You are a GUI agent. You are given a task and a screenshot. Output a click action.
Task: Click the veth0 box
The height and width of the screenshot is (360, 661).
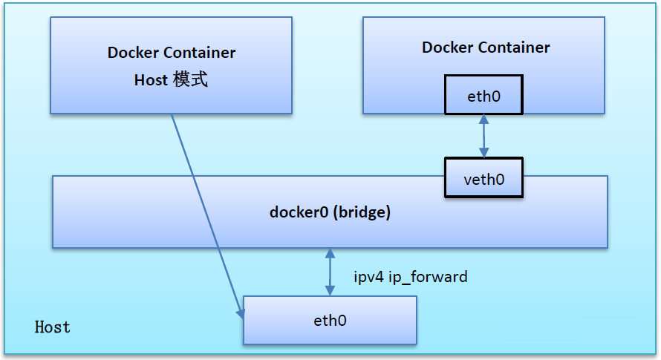pyautogui.click(x=483, y=178)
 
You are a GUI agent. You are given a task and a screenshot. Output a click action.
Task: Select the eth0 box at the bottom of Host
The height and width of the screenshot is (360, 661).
pyautogui.click(x=330, y=321)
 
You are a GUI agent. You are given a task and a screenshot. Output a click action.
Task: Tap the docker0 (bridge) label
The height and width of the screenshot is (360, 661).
pyautogui.click(x=330, y=212)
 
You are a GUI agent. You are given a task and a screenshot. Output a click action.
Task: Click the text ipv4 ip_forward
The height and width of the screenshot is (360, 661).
pyautogui.click(x=411, y=277)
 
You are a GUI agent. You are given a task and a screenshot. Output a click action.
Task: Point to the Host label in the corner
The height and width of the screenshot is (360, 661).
pyautogui.click(x=53, y=327)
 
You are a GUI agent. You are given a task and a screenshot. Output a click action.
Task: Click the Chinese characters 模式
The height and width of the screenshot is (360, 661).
pyautogui.click(x=190, y=80)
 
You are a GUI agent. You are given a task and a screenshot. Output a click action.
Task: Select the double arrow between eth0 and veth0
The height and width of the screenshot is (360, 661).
pyautogui.click(x=483, y=136)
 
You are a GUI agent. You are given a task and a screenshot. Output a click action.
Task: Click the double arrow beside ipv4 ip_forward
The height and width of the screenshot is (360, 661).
pyautogui.click(x=330, y=272)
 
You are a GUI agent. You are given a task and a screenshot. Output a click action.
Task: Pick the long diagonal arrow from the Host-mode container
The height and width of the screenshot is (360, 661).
pyautogui.click(x=208, y=215)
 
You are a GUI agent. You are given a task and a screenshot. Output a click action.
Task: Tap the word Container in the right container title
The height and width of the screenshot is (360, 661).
pyautogui.click(x=514, y=48)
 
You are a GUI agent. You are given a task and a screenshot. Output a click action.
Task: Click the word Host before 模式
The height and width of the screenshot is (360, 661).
pyautogui.click(x=151, y=80)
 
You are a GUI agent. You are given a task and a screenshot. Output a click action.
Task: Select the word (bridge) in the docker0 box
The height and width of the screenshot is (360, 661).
pyautogui.click(x=362, y=212)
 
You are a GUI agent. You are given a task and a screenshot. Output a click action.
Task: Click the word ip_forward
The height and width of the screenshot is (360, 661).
pyautogui.click(x=429, y=278)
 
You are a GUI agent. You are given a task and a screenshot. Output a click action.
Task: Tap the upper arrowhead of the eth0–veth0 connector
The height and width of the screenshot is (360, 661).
pyautogui.click(x=483, y=119)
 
